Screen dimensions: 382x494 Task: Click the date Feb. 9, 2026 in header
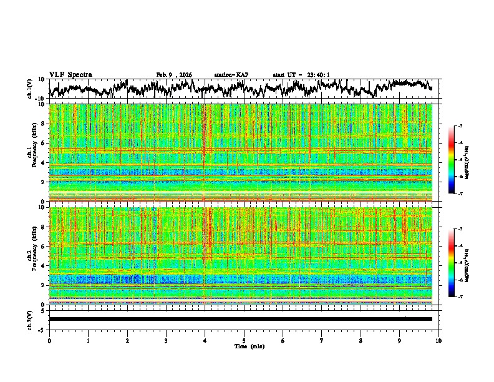[x=174, y=75]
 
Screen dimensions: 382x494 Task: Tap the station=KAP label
[x=231, y=75]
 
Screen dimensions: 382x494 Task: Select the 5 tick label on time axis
[x=244, y=340]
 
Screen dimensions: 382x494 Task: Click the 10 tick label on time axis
[x=439, y=340]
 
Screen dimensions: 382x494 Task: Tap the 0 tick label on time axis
[x=49, y=340]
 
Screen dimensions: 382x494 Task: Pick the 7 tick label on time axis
[x=322, y=340]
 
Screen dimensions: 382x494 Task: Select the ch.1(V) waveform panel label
[x=30, y=89]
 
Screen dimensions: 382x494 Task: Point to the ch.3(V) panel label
[x=30, y=319]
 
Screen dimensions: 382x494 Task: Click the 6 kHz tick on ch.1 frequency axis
[x=43, y=143]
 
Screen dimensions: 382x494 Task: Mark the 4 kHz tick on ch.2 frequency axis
[x=43, y=265]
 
